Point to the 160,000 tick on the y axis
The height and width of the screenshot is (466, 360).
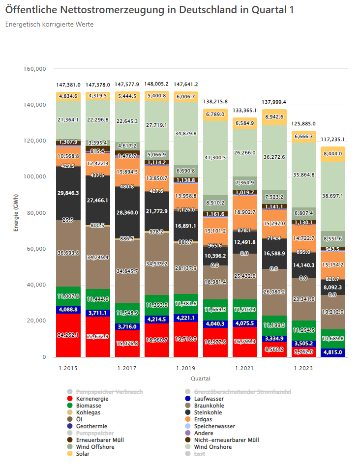coord(36,69)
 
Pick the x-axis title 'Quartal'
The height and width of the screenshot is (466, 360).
coord(201,379)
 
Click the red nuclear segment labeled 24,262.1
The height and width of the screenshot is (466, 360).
coord(68,335)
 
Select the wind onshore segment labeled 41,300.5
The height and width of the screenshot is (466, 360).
coord(215,157)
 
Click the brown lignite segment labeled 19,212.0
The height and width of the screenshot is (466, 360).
coord(332,312)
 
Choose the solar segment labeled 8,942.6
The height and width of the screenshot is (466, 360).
coord(274,117)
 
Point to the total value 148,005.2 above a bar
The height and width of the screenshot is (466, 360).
coord(156,84)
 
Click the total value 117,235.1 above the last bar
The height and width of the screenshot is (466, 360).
coord(332,139)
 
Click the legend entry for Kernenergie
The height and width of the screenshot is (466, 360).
coord(92,399)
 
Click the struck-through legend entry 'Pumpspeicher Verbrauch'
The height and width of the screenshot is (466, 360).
coord(109,392)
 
